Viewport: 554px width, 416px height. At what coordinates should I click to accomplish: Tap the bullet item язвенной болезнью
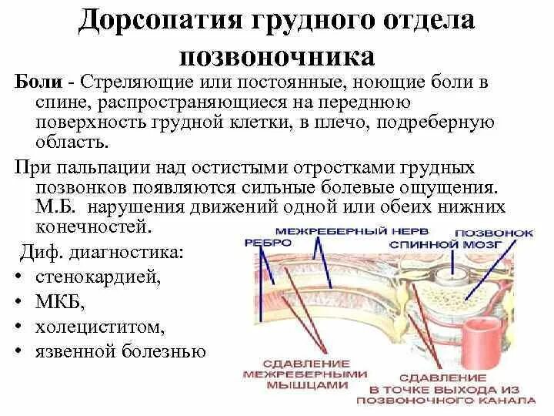pyautogui.click(x=120, y=351)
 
